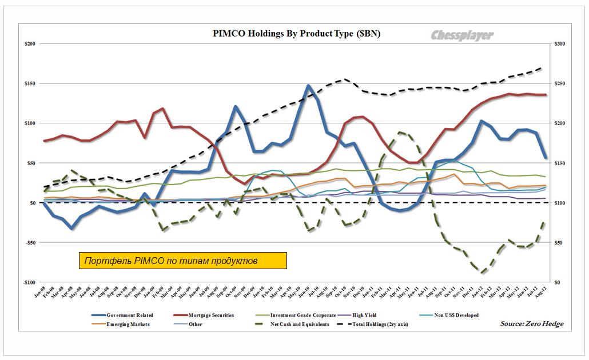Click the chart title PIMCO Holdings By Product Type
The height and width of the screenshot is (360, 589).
pos(288,34)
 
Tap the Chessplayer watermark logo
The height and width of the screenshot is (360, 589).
pos(461,35)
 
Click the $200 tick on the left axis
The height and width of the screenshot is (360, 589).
pos(28,44)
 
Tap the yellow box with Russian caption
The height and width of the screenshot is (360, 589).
pos(182,261)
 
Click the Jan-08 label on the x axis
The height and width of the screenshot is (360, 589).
pos(45,293)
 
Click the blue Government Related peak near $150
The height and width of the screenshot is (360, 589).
pos(309,86)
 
